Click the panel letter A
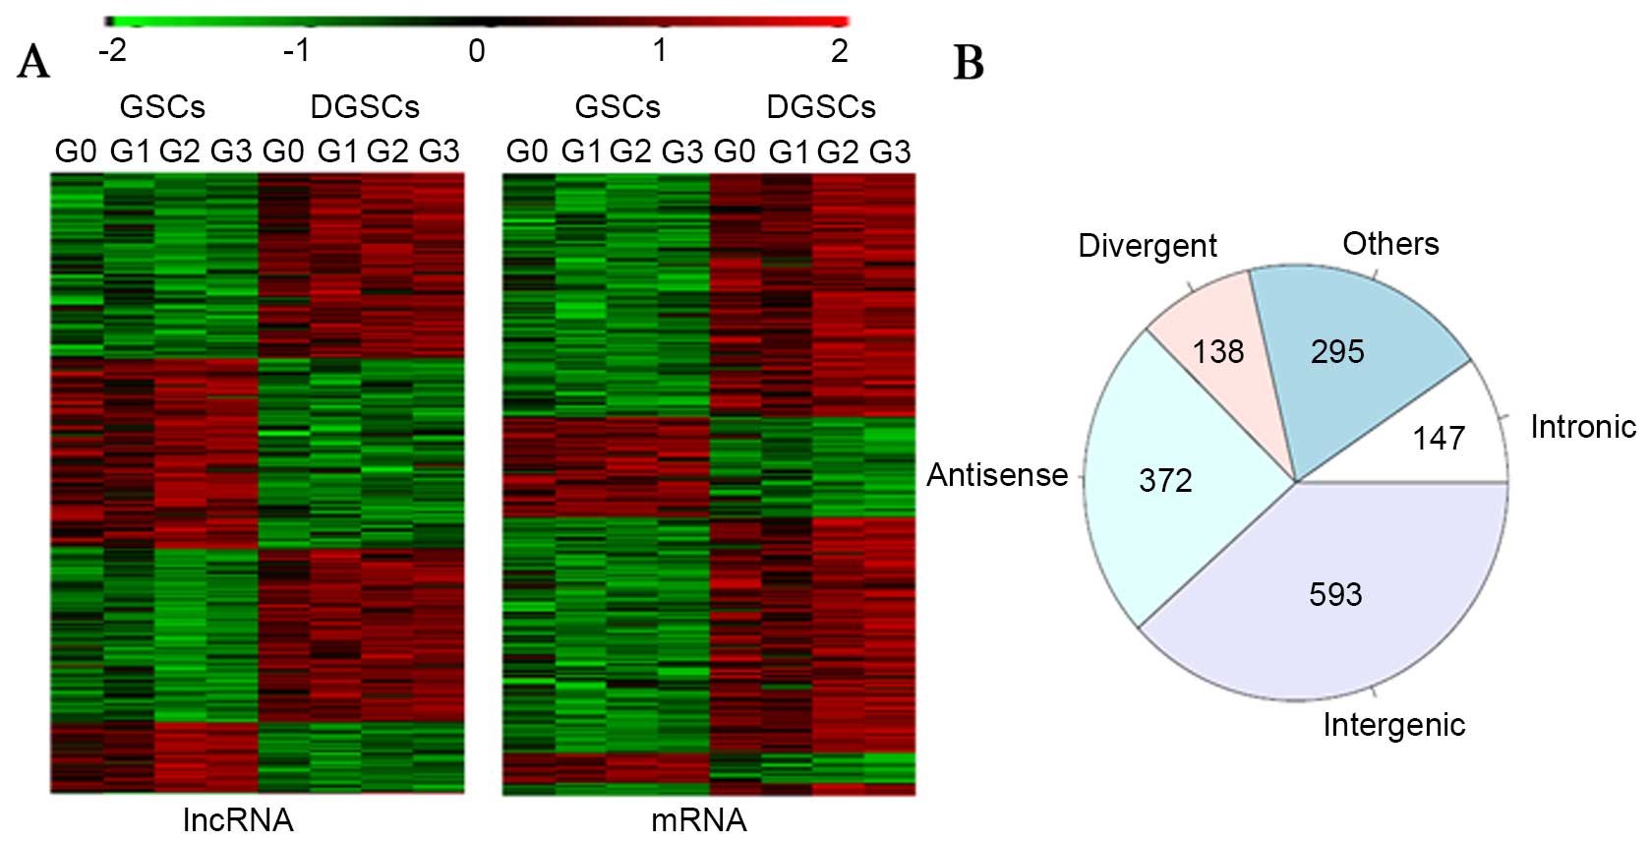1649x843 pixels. tap(33, 62)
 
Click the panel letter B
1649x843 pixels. tap(969, 63)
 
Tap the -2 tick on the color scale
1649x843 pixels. tap(113, 50)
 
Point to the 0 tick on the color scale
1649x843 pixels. tap(477, 50)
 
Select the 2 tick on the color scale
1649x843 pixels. tap(839, 50)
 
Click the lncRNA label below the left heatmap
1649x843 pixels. tap(238, 819)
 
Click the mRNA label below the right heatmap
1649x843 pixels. tap(699, 819)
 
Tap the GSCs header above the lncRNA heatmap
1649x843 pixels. tap(162, 106)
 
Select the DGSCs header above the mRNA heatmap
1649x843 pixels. tap(821, 106)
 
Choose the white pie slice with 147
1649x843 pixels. tap(1445, 433)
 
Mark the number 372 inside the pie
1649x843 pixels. tap(1165, 480)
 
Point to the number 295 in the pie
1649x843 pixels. tap(1337, 351)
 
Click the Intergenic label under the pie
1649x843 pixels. tap(1393, 725)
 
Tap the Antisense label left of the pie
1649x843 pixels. tap(997, 475)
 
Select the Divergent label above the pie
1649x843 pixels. tap(1148, 245)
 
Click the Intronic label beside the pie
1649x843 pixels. tap(1583, 427)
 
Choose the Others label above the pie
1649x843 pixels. tap(1390, 243)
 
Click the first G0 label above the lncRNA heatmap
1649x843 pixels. tap(76, 151)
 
